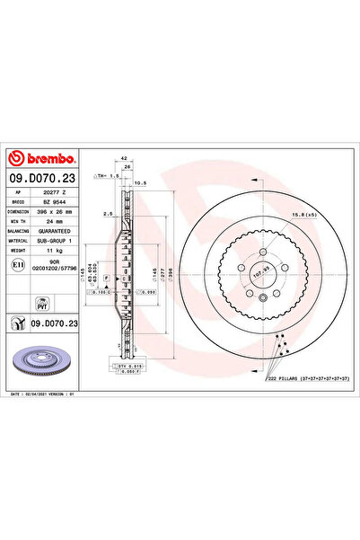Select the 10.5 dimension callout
pyautogui.click(x=140, y=183)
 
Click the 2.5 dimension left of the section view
pyautogui.click(x=107, y=215)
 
